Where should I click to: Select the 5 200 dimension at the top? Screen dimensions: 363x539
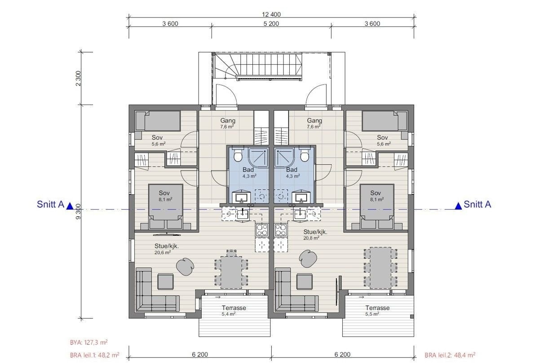point(271,24)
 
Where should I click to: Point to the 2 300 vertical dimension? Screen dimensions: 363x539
point(79,79)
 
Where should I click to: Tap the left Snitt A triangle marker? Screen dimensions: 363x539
point(70,206)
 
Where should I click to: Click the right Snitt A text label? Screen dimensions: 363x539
point(477,205)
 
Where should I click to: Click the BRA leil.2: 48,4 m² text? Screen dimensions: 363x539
point(450,354)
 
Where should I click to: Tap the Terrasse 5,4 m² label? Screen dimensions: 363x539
point(234,311)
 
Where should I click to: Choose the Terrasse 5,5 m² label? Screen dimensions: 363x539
point(377,311)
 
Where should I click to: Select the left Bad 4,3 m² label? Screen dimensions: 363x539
point(248,173)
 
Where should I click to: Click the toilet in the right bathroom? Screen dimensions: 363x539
point(305,155)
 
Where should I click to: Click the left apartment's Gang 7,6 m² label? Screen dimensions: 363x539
point(228,123)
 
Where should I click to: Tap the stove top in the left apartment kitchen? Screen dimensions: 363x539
point(261,230)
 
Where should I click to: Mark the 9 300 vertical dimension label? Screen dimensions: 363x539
point(79,211)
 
